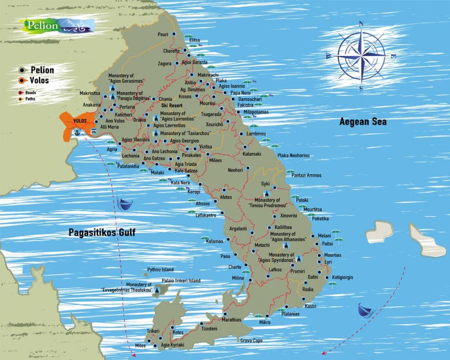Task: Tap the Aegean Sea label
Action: pos(363,121)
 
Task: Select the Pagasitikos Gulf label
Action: pos(102,232)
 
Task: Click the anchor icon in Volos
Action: pos(77,132)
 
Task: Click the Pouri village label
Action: pos(163,34)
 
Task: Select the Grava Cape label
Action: pos(251,340)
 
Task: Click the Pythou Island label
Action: pos(160,270)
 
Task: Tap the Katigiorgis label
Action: pos(342,277)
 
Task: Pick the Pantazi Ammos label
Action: pos(306,175)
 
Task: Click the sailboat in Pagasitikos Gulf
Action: pos(125,204)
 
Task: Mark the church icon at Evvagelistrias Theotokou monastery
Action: pos(157,290)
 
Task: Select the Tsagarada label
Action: pos(211,114)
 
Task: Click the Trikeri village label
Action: pos(153,331)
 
